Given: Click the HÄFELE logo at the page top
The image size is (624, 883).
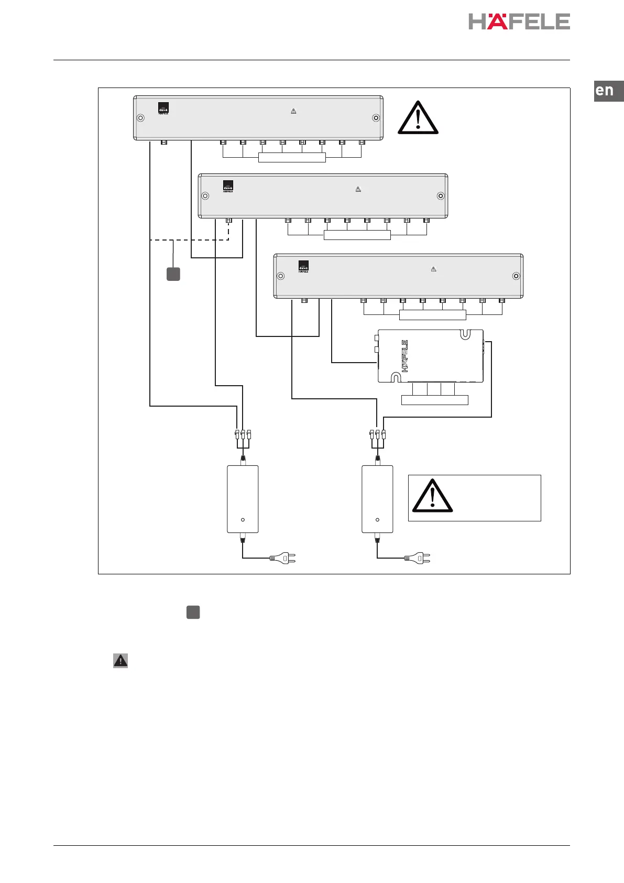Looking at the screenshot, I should pyautogui.click(x=519, y=21).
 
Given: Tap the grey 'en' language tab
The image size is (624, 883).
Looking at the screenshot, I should pyautogui.click(x=608, y=91).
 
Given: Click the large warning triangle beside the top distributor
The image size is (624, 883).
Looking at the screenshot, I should pyautogui.click(x=418, y=117).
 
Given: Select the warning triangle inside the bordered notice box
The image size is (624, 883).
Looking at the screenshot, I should pyautogui.click(x=432, y=496).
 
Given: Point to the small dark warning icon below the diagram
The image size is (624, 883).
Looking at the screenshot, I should pyautogui.click(x=121, y=660).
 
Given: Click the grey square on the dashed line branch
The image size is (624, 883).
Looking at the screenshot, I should pyautogui.click(x=173, y=274).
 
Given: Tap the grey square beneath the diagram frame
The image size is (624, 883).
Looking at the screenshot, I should pyautogui.click(x=193, y=612).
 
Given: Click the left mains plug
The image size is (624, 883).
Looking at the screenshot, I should pyautogui.click(x=283, y=558).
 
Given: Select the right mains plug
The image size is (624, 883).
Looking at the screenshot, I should pyautogui.click(x=418, y=558).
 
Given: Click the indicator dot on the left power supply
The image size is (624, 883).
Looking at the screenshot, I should pyautogui.click(x=243, y=520).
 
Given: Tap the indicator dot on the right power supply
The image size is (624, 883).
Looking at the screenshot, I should pyautogui.click(x=378, y=520).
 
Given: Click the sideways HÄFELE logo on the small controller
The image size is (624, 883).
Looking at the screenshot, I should pyautogui.click(x=405, y=356).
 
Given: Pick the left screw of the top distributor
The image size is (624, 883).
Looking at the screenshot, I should pyautogui.click(x=140, y=117).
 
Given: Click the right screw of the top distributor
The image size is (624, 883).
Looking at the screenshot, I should pyautogui.click(x=376, y=117).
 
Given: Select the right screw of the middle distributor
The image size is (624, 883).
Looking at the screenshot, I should pyautogui.click(x=441, y=196).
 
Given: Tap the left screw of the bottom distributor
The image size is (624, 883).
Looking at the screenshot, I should pyautogui.click(x=280, y=276).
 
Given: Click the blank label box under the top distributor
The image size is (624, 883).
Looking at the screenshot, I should pyautogui.click(x=292, y=158).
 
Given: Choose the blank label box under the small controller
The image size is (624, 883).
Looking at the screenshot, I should pyautogui.click(x=434, y=400).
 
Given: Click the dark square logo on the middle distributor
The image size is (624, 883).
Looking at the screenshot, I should pyautogui.click(x=228, y=186).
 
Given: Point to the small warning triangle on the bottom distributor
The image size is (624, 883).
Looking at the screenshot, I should pyautogui.click(x=433, y=269).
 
